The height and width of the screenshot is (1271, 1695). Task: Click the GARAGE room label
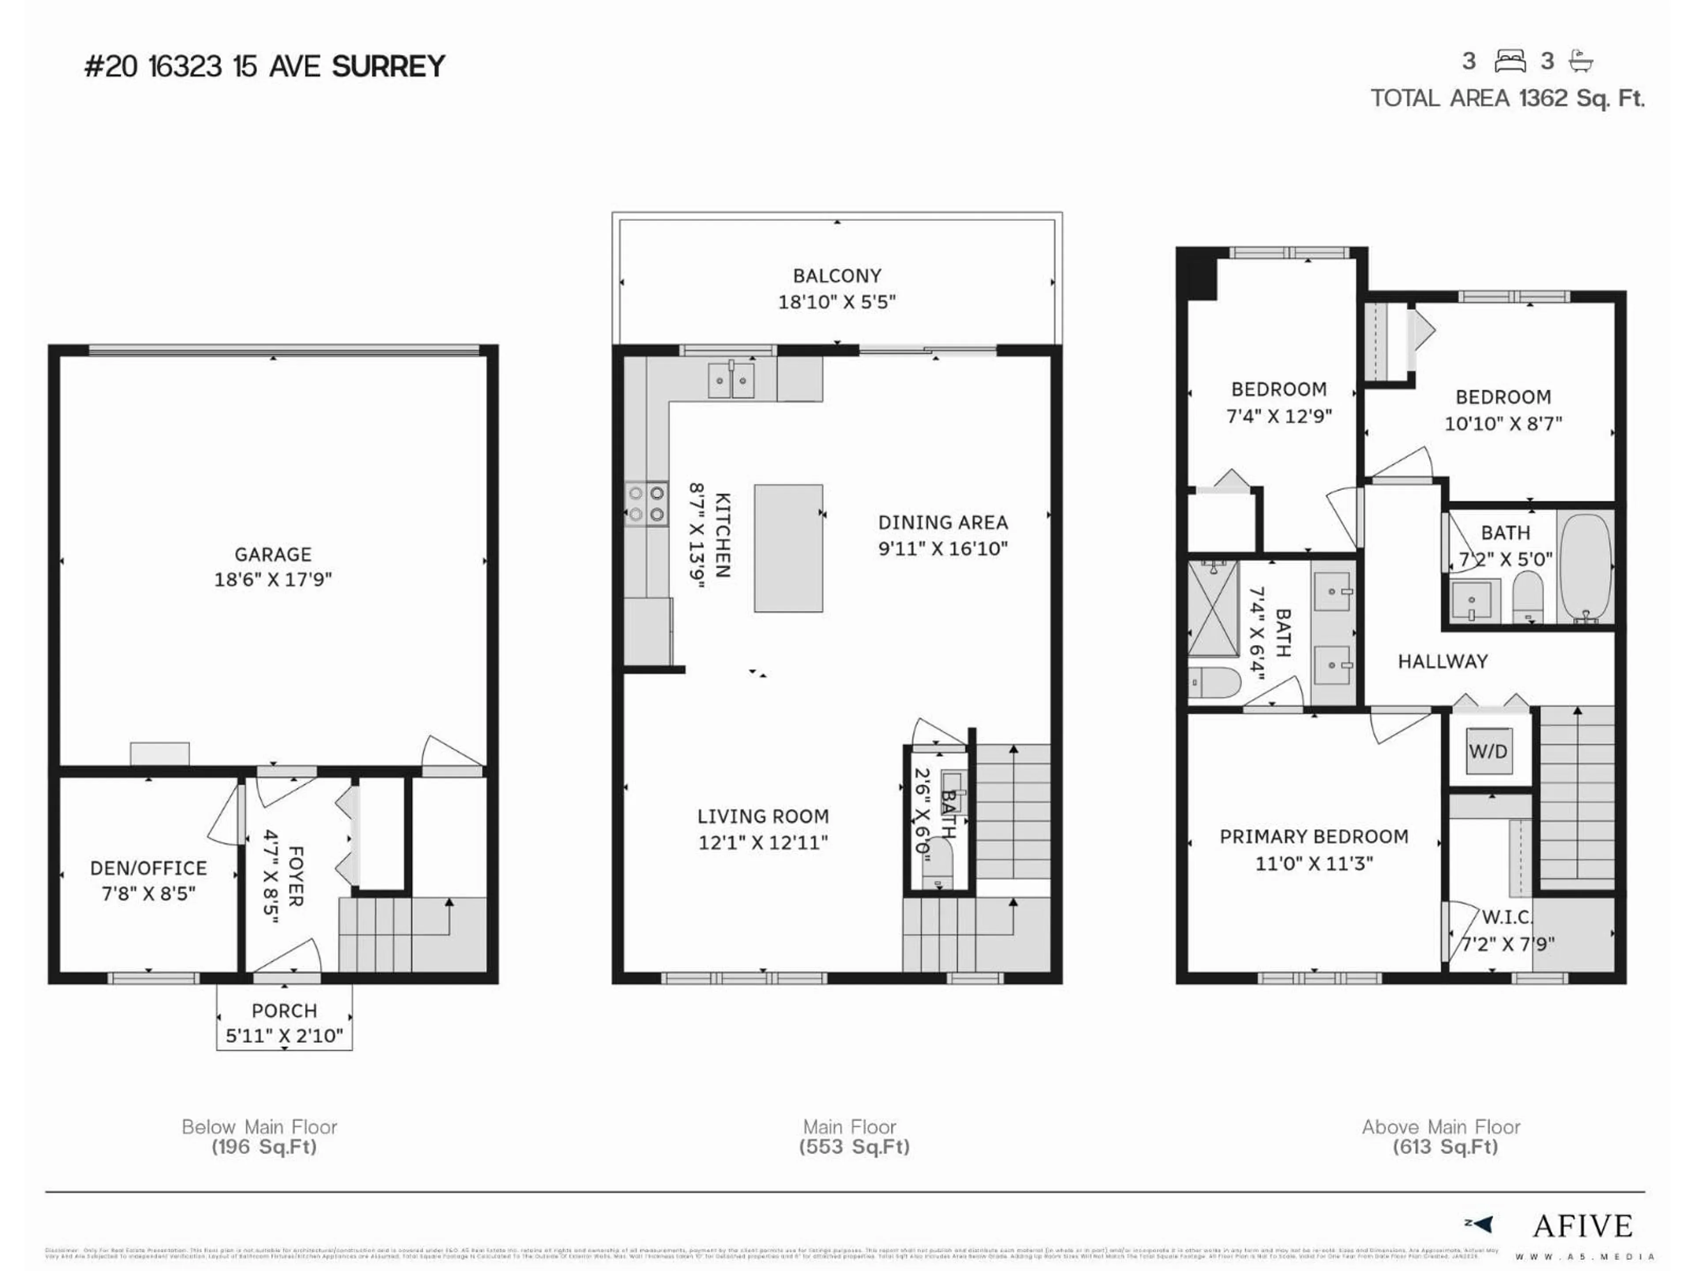[x=273, y=554]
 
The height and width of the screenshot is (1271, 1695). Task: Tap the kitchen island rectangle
[x=788, y=548]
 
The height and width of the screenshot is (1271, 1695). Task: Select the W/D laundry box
[x=1488, y=751]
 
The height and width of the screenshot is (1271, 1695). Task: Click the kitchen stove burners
[x=646, y=504]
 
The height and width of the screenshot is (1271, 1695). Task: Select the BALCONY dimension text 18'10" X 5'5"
[x=837, y=302]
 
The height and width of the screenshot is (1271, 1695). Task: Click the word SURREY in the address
[x=388, y=67]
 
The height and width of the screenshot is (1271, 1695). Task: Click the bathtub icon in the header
[x=1581, y=61]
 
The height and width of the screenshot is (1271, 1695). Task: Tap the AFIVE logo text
[x=1582, y=1226]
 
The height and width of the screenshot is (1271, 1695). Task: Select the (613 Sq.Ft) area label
[x=1444, y=1147]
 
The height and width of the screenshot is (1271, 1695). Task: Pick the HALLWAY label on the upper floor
[x=1442, y=661]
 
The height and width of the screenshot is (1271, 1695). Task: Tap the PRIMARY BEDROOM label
[x=1313, y=837]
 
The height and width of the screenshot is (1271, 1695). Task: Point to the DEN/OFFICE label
[x=149, y=868]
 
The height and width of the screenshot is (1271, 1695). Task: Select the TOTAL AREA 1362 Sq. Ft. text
[x=1507, y=98]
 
